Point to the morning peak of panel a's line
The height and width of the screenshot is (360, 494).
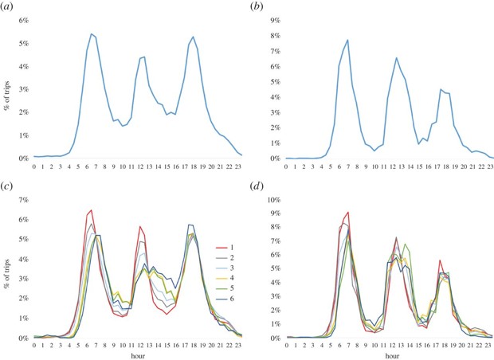[x=92, y=34]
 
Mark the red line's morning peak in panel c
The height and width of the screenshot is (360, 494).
[x=92, y=210]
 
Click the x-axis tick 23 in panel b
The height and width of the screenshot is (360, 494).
[x=489, y=168]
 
